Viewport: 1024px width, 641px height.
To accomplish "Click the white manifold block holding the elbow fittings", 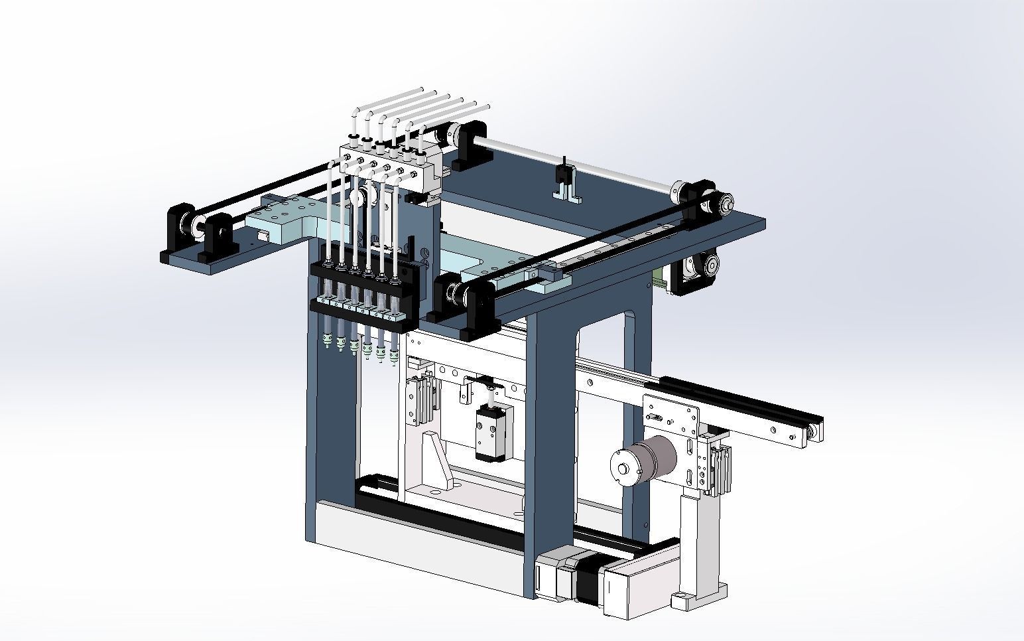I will pyautogui.click(x=385, y=163).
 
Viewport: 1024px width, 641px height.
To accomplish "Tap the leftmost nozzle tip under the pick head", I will pyautogui.click(x=326, y=341).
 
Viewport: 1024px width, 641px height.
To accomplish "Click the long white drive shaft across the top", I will pyautogui.click(x=577, y=162).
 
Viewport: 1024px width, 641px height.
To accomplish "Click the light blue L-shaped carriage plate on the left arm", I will pyautogui.click(x=282, y=218).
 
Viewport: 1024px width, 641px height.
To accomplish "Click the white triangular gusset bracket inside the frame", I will pyautogui.click(x=435, y=459).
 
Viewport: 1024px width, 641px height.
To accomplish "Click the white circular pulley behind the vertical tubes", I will pyautogui.click(x=358, y=197).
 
